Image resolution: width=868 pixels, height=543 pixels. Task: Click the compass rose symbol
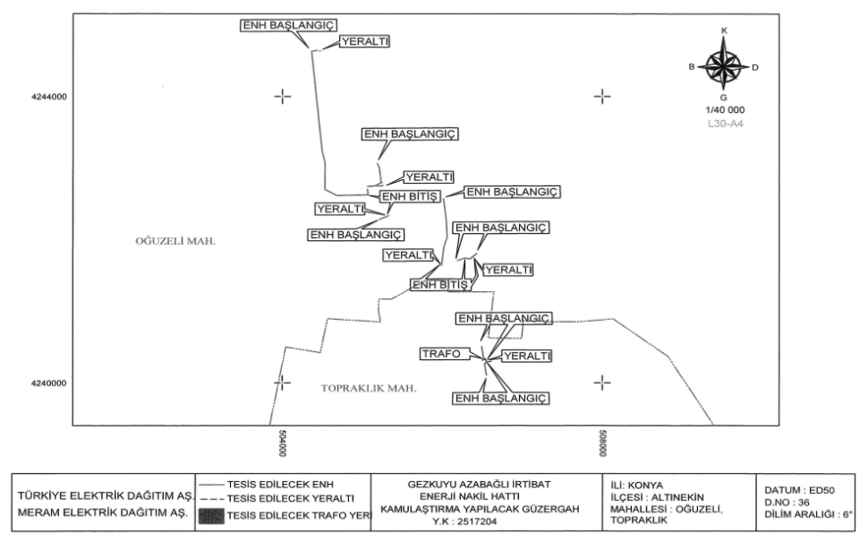[724, 65]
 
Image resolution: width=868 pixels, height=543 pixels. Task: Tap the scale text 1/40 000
[725, 110]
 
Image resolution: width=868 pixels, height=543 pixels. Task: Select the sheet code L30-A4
[726, 124]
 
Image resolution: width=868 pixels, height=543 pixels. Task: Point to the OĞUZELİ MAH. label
[176, 241]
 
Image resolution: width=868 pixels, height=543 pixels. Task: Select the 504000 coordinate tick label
[284, 442]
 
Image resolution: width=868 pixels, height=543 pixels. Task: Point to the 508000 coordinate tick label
[604, 442]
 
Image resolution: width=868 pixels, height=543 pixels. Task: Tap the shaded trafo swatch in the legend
[210, 513]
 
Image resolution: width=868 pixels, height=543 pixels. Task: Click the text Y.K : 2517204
[479, 521]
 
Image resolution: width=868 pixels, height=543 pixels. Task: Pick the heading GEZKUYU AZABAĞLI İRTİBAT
[479, 485]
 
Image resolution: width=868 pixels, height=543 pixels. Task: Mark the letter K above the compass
[724, 30]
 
